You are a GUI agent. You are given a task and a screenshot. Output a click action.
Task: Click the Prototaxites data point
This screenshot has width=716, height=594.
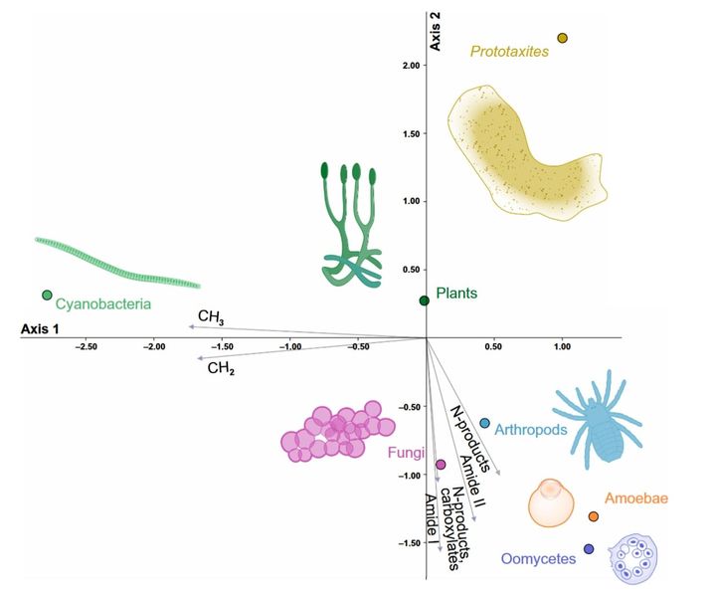point(562,38)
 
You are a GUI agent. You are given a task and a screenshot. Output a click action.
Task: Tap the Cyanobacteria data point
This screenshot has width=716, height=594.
point(47,296)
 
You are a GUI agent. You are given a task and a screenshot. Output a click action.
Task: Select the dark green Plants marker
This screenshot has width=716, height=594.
point(425,300)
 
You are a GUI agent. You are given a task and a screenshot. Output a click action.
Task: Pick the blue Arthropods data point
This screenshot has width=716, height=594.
point(484,424)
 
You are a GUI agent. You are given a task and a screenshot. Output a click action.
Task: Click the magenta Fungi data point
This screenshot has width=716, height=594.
point(441,465)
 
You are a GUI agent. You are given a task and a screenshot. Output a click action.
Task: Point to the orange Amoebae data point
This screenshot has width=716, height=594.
point(593,516)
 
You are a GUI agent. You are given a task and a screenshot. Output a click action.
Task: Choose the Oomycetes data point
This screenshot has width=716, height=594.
point(589,549)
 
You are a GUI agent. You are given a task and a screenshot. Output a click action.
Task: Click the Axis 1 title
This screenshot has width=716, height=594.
point(40,329)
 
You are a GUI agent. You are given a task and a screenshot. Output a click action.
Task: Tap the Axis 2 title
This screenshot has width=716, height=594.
point(436,31)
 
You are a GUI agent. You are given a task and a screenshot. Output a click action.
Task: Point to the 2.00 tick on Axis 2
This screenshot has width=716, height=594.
point(411,66)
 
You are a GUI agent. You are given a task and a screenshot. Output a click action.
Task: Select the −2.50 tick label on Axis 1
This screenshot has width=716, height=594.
point(86,347)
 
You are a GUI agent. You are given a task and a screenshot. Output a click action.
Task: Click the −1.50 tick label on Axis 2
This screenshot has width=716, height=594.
point(409,543)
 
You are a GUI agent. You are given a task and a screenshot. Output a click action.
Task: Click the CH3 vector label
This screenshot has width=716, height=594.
point(211,317)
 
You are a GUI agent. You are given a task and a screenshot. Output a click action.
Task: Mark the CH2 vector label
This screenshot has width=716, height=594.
point(221,368)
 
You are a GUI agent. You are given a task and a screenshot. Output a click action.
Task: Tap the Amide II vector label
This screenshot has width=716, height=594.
point(473,482)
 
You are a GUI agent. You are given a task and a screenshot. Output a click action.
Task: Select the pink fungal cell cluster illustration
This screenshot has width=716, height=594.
point(338,432)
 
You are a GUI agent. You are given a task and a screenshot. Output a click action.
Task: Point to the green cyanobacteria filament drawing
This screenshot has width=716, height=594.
point(117,264)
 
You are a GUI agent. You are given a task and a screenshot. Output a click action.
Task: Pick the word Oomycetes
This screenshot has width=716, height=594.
point(538,559)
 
